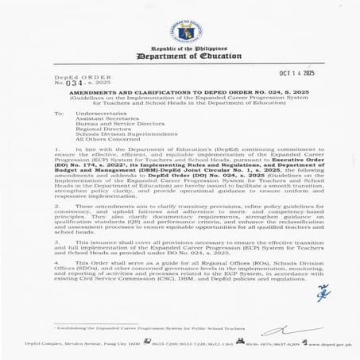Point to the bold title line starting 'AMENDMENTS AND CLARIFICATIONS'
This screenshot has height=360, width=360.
[179, 92]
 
